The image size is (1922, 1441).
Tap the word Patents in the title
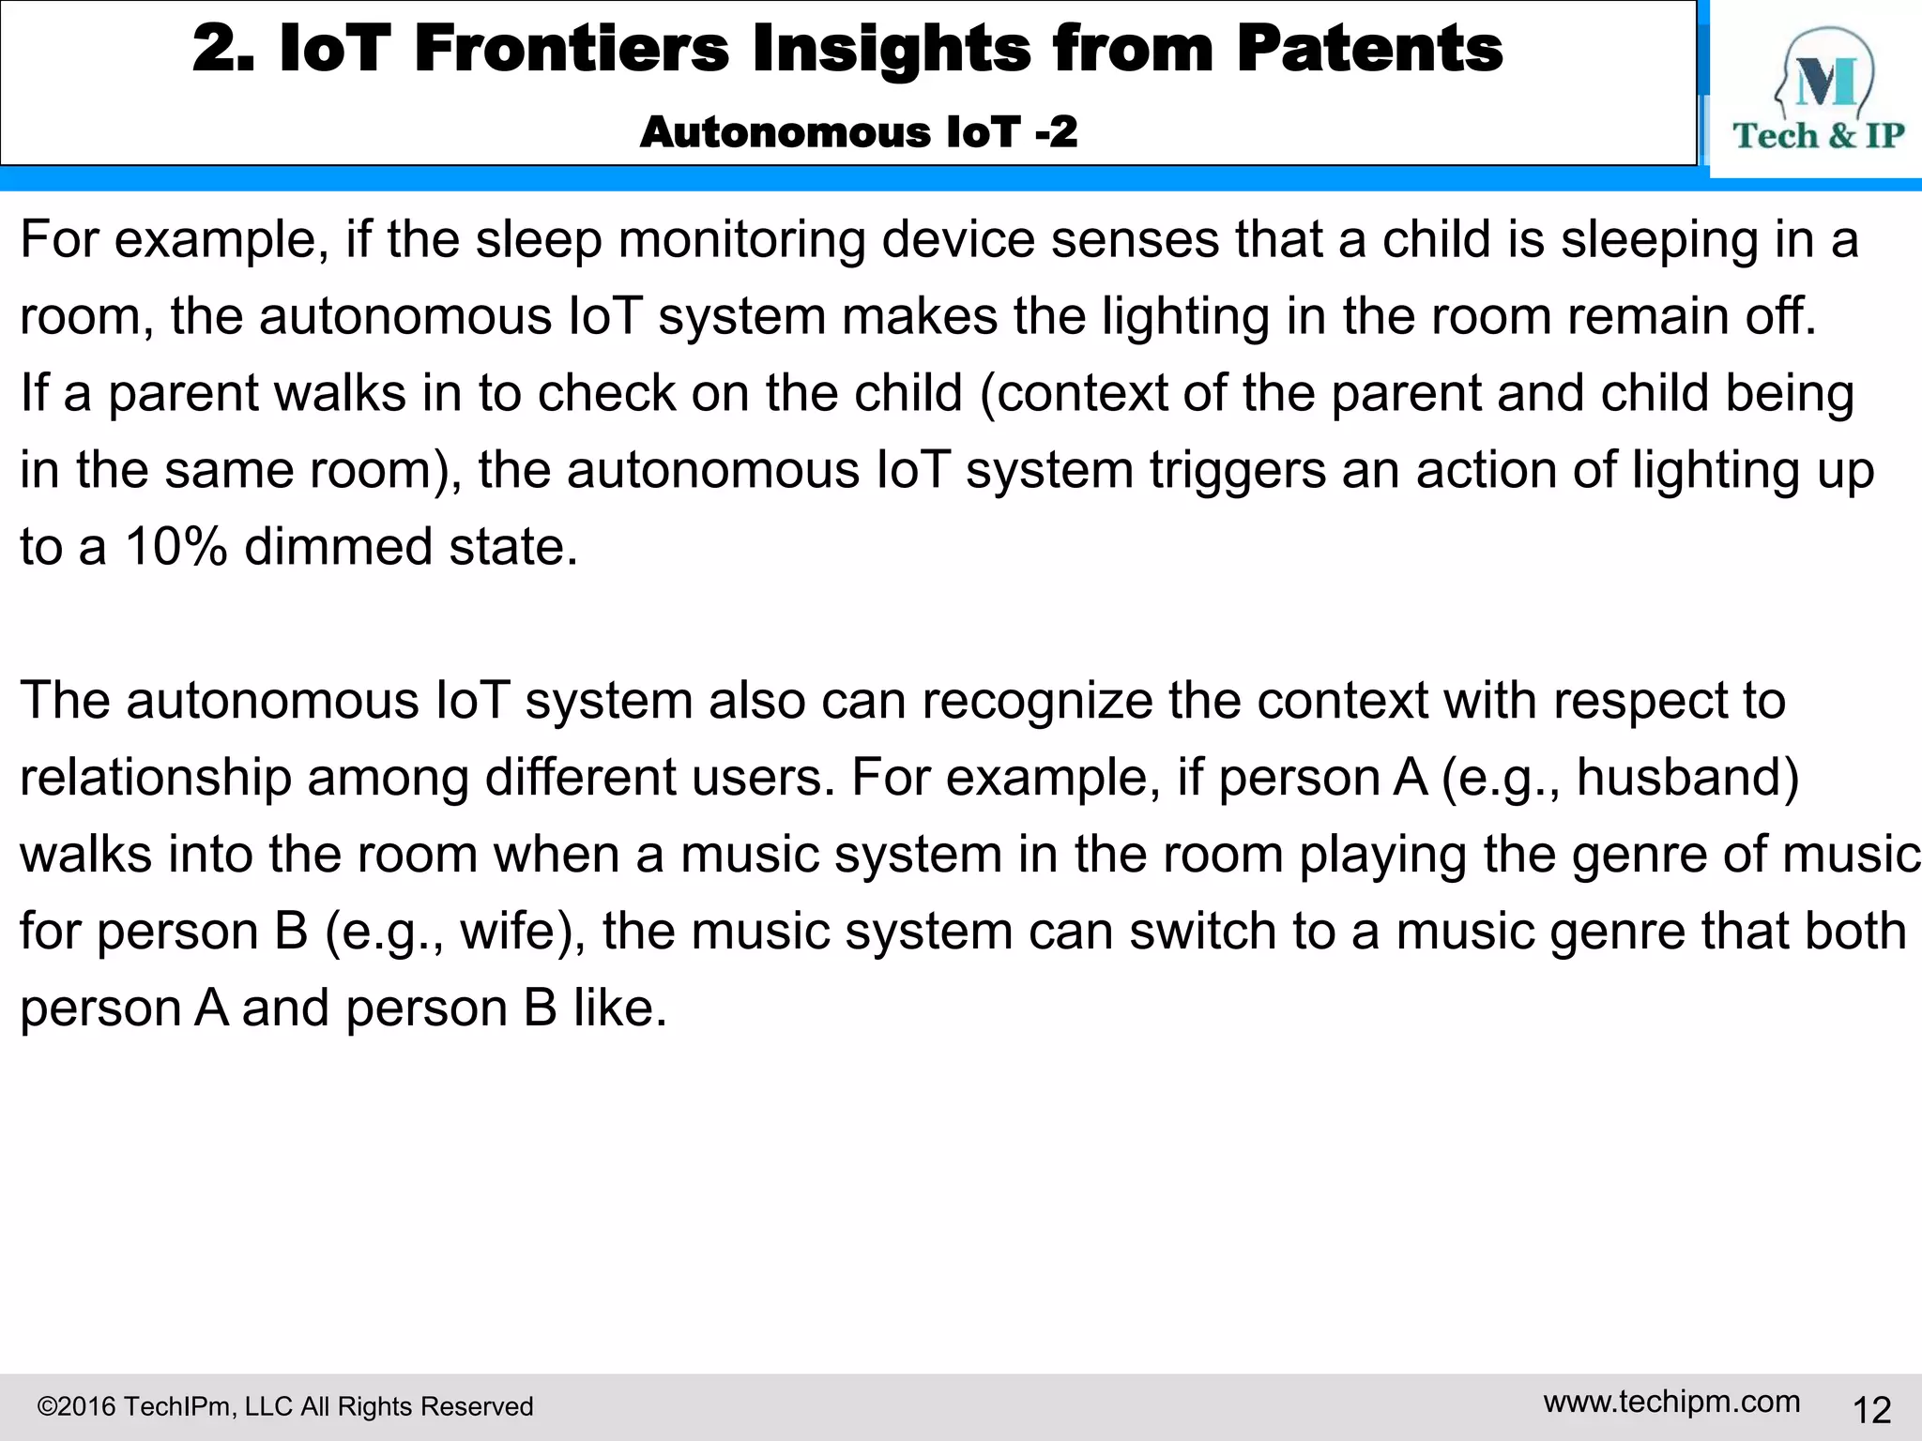pos(1369,49)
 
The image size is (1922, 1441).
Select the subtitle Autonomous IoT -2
pos(858,132)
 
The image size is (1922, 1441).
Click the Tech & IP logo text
pos(1818,136)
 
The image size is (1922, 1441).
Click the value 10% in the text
pos(175,547)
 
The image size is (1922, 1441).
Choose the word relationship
pos(156,778)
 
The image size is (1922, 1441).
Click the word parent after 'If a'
pos(183,393)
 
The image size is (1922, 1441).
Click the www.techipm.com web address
pos(1671,1402)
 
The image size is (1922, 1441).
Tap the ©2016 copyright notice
pos(284,1406)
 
